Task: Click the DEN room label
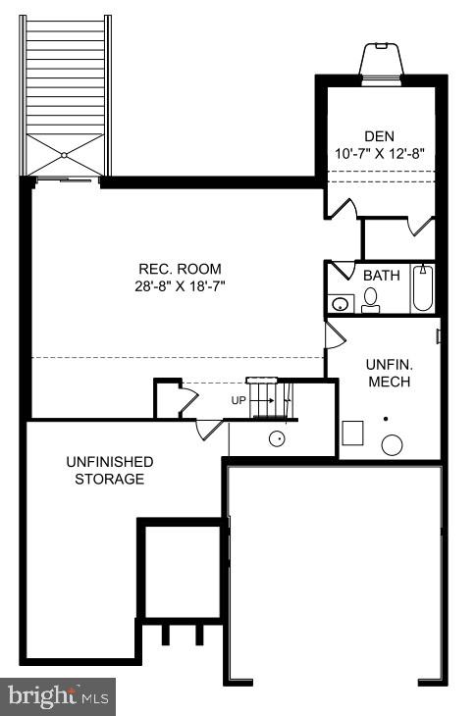378,136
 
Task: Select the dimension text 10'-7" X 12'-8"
378,153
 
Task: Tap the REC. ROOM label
179,269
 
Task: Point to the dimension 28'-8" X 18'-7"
179,285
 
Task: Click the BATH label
382,276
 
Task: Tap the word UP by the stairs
238,401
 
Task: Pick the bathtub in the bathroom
423,289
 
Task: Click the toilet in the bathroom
371,301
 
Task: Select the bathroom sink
340,302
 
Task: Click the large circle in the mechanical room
392,444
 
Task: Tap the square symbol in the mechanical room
352,432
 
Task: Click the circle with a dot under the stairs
278,438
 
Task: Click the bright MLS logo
58,696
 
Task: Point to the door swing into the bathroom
340,270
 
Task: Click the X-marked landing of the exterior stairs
65,155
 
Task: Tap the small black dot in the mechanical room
386,419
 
